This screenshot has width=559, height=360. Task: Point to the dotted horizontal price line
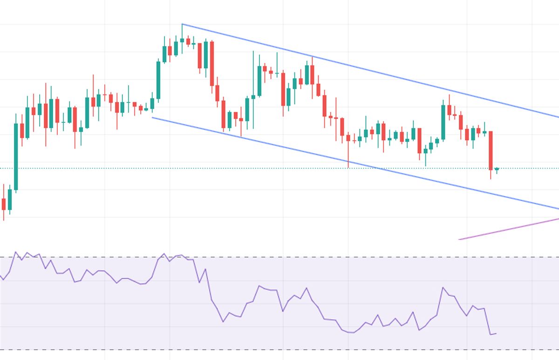(x=279, y=168)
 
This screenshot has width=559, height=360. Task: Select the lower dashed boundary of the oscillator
(x=279, y=350)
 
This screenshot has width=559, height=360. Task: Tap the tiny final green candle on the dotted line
(x=497, y=169)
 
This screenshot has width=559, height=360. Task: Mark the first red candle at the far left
(x=4, y=204)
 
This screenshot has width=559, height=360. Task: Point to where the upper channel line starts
(x=182, y=24)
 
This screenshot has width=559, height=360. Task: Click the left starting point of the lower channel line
(x=152, y=117)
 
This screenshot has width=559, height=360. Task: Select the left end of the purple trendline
(x=459, y=239)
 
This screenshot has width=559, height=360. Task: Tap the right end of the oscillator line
(x=496, y=333)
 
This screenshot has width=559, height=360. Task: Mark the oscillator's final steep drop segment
(x=488, y=321)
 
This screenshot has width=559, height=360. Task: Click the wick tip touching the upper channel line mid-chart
(x=312, y=58)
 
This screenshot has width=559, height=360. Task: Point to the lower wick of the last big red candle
(x=491, y=175)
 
